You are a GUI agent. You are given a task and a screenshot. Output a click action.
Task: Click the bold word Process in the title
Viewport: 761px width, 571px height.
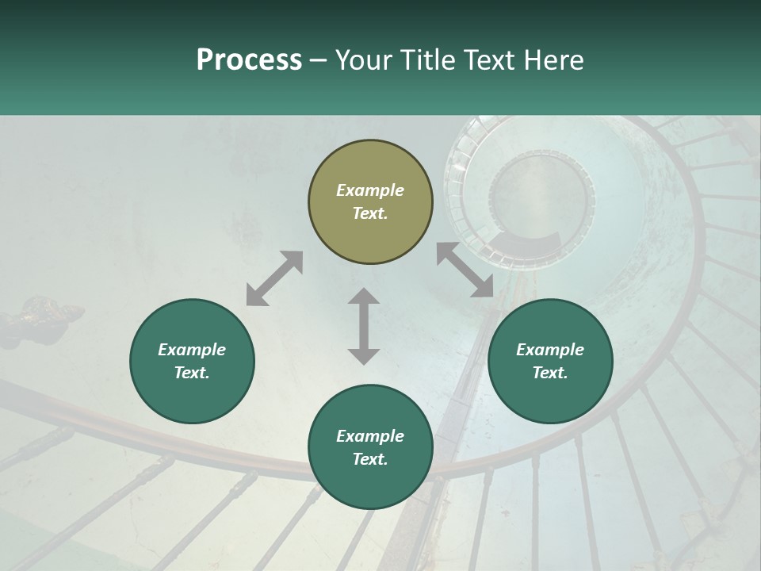coord(249,60)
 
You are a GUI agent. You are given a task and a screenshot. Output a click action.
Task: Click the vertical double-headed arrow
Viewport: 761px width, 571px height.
coord(364,326)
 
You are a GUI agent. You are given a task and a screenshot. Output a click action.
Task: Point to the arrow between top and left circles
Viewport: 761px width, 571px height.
coord(274,278)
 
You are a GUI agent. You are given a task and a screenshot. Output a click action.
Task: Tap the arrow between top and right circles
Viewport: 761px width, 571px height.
coord(465,270)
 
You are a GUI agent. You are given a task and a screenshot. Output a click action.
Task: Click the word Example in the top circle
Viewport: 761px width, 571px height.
coord(370,190)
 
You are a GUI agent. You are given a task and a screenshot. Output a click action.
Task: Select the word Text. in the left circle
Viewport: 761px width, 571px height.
coord(192,373)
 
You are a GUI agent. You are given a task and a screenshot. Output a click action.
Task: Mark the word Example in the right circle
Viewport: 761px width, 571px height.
coord(550,350)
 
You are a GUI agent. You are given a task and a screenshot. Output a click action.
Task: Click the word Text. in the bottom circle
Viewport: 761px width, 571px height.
coord(370,459)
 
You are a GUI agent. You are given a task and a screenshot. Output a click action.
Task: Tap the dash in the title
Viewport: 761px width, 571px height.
coord(319,60)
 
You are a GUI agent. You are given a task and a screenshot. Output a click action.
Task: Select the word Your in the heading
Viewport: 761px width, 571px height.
coord(365,60)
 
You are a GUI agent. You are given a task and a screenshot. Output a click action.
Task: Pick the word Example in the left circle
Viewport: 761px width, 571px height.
coord(192,350)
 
